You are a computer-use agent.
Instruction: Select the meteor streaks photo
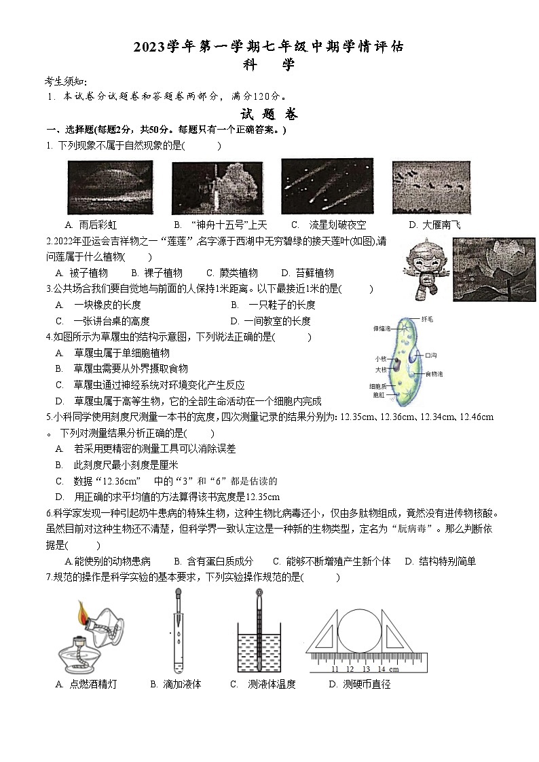(x=323, y=185)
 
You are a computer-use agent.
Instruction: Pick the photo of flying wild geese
(x=431, y=187)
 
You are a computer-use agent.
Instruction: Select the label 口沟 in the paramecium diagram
(x=430, y=355)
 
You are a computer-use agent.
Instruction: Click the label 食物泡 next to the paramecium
(x=434, y=374)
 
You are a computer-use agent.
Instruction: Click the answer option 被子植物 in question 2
(x=88, y=273)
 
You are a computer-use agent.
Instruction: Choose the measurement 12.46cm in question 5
(x=476, y=417)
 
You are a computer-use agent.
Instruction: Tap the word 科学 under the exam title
(x=269, y=64)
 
